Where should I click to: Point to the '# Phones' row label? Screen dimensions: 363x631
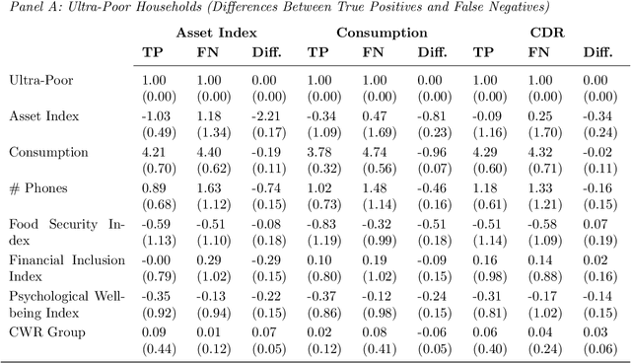point(36,187)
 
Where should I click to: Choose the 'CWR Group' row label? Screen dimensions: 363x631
point(41,332)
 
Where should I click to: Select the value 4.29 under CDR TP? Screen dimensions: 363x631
point(484,152)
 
